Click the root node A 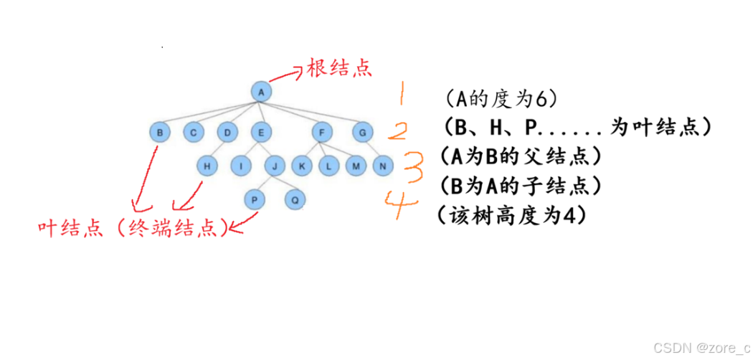(x=262, y=92)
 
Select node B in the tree (x=160, y=132)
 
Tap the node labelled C (x=193, y=132)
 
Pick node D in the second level (x=227, y=132)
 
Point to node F (x=322, y=132)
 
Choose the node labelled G (x=363, y=132)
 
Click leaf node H (x=207, y=166)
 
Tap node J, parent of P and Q (x=275, y=166)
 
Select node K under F (x=301, y=166)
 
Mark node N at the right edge (x=383, y=166)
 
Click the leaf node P (x=254, y=199)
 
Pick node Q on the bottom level (x=293, y=199)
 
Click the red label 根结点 (x=340, y=69)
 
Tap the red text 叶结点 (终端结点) (x=133, y=228)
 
